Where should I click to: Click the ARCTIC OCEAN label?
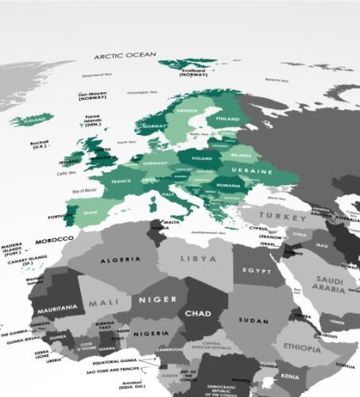[x=126, y=56]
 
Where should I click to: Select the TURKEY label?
[x=285, y=216]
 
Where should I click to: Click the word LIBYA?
[x=198, y=259]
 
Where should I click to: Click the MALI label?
[x=103, y=302]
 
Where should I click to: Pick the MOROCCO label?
[x=54, y=239]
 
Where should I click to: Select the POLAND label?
[x=201, y=158]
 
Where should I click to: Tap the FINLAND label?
[x=227, y=118]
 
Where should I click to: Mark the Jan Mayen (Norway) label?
[x=93, y=95]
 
